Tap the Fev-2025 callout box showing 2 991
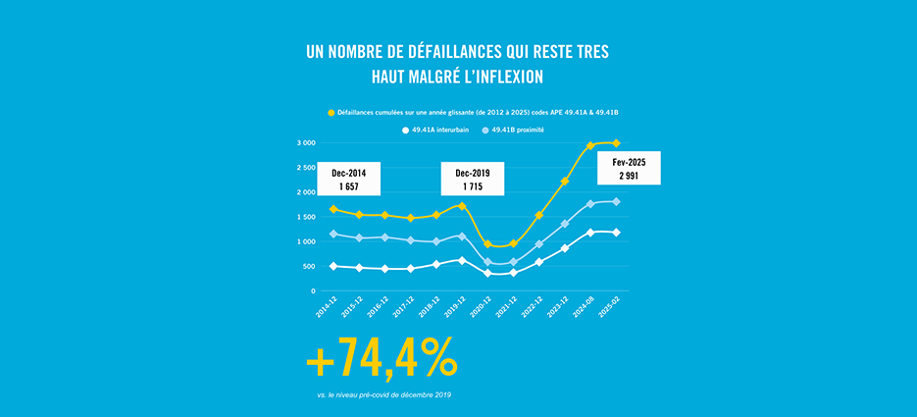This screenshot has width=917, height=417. coord(629,168)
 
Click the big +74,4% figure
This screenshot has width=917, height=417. coord(382,359)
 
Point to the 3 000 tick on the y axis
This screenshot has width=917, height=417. coord(305,143)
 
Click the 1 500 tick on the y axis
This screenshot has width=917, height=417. coord(305,217)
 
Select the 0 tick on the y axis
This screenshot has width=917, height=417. coord(312,291)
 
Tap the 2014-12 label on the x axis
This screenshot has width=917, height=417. coord(326,310)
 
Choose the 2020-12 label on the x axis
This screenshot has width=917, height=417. coord(480,310)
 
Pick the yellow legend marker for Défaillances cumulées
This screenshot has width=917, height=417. coord(331,113)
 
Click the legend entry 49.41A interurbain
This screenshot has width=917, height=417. coord(442,130)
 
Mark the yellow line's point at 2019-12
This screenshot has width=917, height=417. coord(462,206)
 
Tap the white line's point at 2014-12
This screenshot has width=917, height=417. coord(333,266)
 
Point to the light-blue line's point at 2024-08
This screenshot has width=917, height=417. coord(590,204)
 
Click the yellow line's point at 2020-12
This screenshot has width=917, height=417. coord(488,244)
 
